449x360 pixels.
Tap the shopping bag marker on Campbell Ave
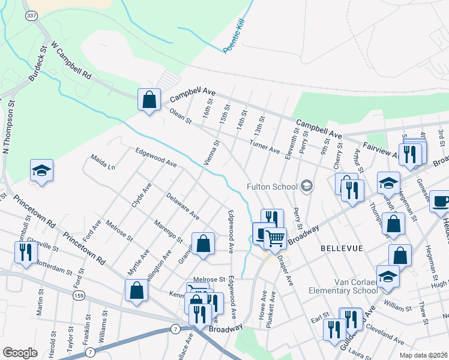[149, 100]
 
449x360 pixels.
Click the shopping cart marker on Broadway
[275, 238]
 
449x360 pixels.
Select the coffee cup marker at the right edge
[441, 202]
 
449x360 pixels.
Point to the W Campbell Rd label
[71, 61]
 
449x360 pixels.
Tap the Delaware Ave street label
[182, 205]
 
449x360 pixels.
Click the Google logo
[20, 353]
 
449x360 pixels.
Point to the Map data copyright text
[423, 355]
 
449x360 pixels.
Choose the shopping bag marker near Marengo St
[203, 244]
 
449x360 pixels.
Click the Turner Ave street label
[266, 149]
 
